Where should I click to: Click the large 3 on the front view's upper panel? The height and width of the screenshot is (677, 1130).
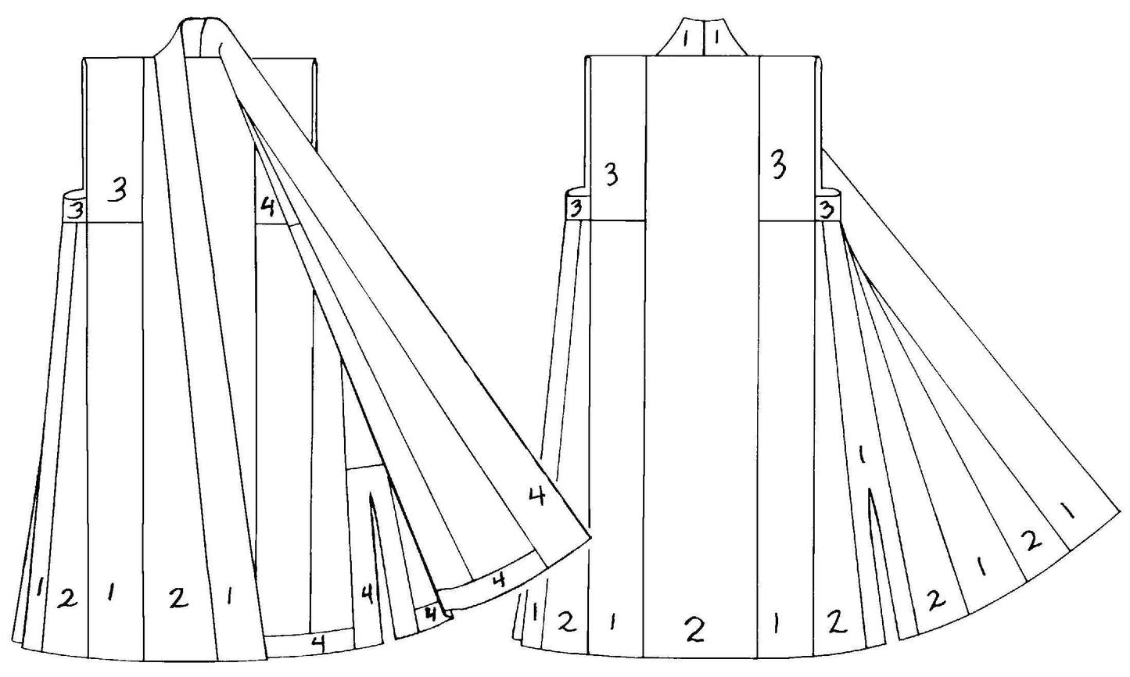coord(118,190)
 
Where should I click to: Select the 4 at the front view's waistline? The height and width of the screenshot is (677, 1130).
coord(267,207)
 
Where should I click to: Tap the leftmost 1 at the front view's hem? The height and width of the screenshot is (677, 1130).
coord(38,587)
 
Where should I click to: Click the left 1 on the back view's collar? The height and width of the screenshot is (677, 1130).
coord(686,39)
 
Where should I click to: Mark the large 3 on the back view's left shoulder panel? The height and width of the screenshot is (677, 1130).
coord(612,176)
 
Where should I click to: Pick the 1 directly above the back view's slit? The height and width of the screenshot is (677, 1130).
coord(862,454)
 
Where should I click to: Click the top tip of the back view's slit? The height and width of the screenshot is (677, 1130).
coord(868,488)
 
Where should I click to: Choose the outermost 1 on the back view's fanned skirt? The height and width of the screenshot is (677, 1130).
coord(1067,512)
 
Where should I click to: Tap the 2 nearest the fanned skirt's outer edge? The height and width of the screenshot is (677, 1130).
coord(1031,539)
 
